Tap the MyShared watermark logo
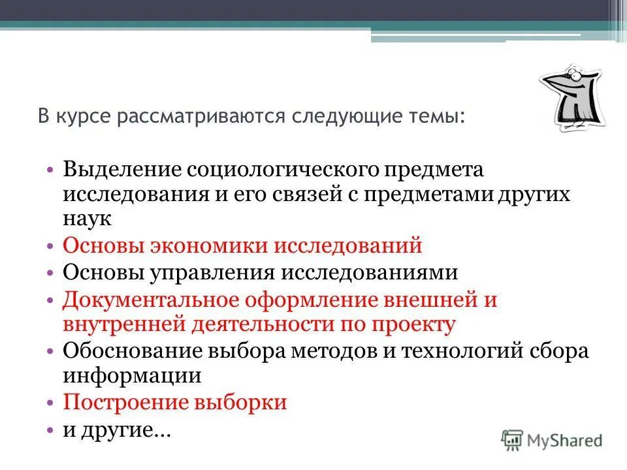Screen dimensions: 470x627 pyautogui.click(x=552, y=441)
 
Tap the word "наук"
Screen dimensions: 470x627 pyautogui.click(x=88, y=219)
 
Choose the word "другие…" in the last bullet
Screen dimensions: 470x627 pyautogui.click(x=125, y=430)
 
